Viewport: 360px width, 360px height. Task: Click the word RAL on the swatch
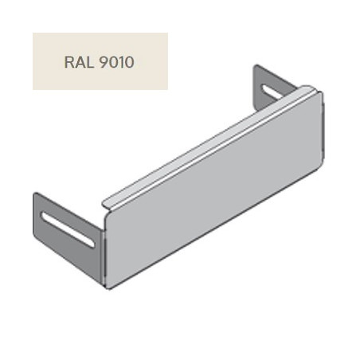[79, 62]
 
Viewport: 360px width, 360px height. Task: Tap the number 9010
[116, 62]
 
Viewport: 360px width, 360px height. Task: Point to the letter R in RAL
[68, 62]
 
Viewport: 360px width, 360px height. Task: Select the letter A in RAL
[79, 62]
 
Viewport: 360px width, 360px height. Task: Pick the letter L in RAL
[90, 62]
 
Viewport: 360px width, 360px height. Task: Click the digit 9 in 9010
[103, 62]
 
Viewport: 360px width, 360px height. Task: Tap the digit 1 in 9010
[120, 62]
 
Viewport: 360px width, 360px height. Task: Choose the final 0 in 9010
[129, 62]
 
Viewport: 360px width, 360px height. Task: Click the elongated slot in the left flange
[68, 229]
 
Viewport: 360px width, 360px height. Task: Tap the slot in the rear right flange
[272, 92]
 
